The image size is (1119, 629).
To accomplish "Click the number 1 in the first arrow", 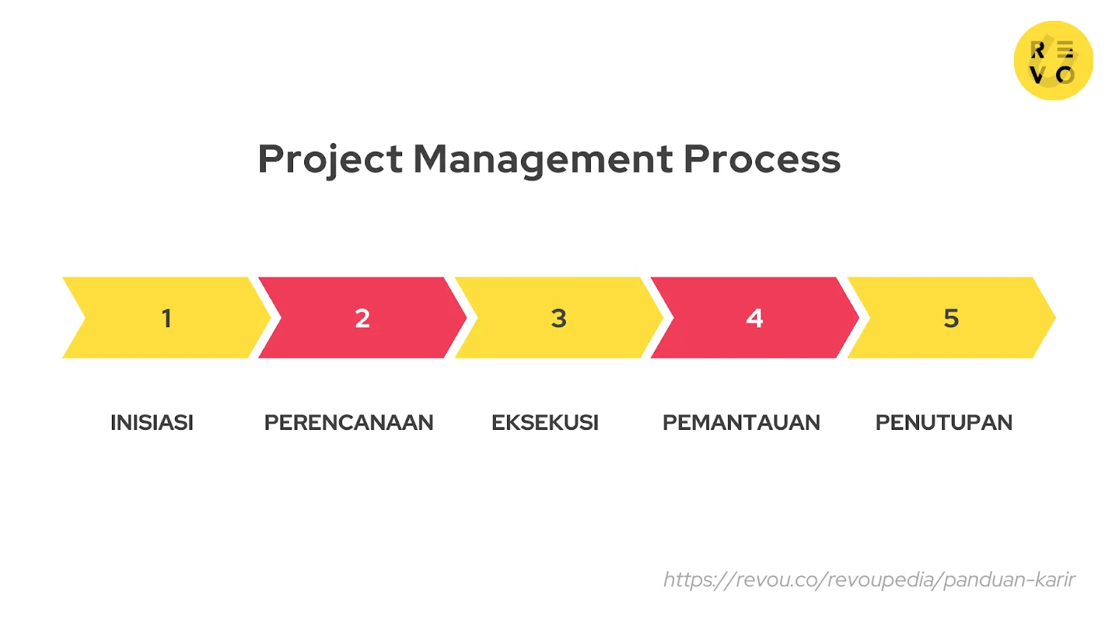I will [x=166, y=319].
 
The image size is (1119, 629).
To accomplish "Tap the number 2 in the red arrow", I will [x=362, y=319].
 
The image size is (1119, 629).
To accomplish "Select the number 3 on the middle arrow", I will [x=558, y=319].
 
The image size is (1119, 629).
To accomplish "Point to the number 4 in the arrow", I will [x=754, y=319].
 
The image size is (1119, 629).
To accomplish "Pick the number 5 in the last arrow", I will [x=950, y=319].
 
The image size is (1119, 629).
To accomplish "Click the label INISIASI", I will [x=152, y=423].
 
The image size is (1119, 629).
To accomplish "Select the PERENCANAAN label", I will [x=348, y=423].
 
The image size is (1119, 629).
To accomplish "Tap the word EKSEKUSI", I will [x=545, y=423].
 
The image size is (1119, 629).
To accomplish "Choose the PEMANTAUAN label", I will [x=741, y=423].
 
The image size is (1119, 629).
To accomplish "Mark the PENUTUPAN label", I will [x=943, y=423].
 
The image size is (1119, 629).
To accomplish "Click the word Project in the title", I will [x=330, y=159].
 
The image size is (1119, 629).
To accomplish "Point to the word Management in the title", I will [x=543, y=159].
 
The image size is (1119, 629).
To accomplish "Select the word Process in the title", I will [x=762, y=159].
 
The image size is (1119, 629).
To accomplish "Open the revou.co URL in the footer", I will [x=869, y=579].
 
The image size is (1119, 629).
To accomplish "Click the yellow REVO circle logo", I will [x=1053, y=60].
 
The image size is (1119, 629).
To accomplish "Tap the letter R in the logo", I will [x=1038, y=50].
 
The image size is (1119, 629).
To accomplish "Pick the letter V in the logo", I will [x=1038, y=75].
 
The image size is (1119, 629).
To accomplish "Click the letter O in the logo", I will [x=1065, y=75].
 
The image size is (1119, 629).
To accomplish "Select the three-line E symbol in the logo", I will [x=1065, y=50].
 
